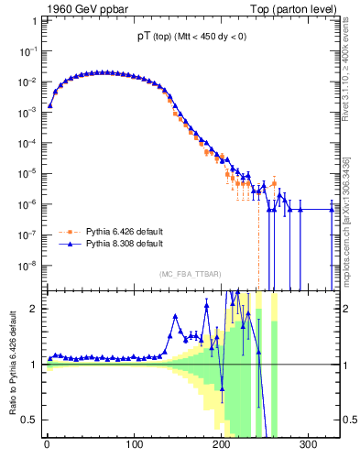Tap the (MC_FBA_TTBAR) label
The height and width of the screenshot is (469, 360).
click(190, 275)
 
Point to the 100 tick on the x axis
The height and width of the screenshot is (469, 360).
click(135, 446)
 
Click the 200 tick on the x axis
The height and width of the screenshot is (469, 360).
click(222, 446)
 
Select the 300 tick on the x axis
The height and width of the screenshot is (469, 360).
click(309, 446)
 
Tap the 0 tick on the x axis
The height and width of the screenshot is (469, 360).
click(48, 446)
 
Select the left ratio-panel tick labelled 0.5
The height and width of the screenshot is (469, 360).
click(31, 420)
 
